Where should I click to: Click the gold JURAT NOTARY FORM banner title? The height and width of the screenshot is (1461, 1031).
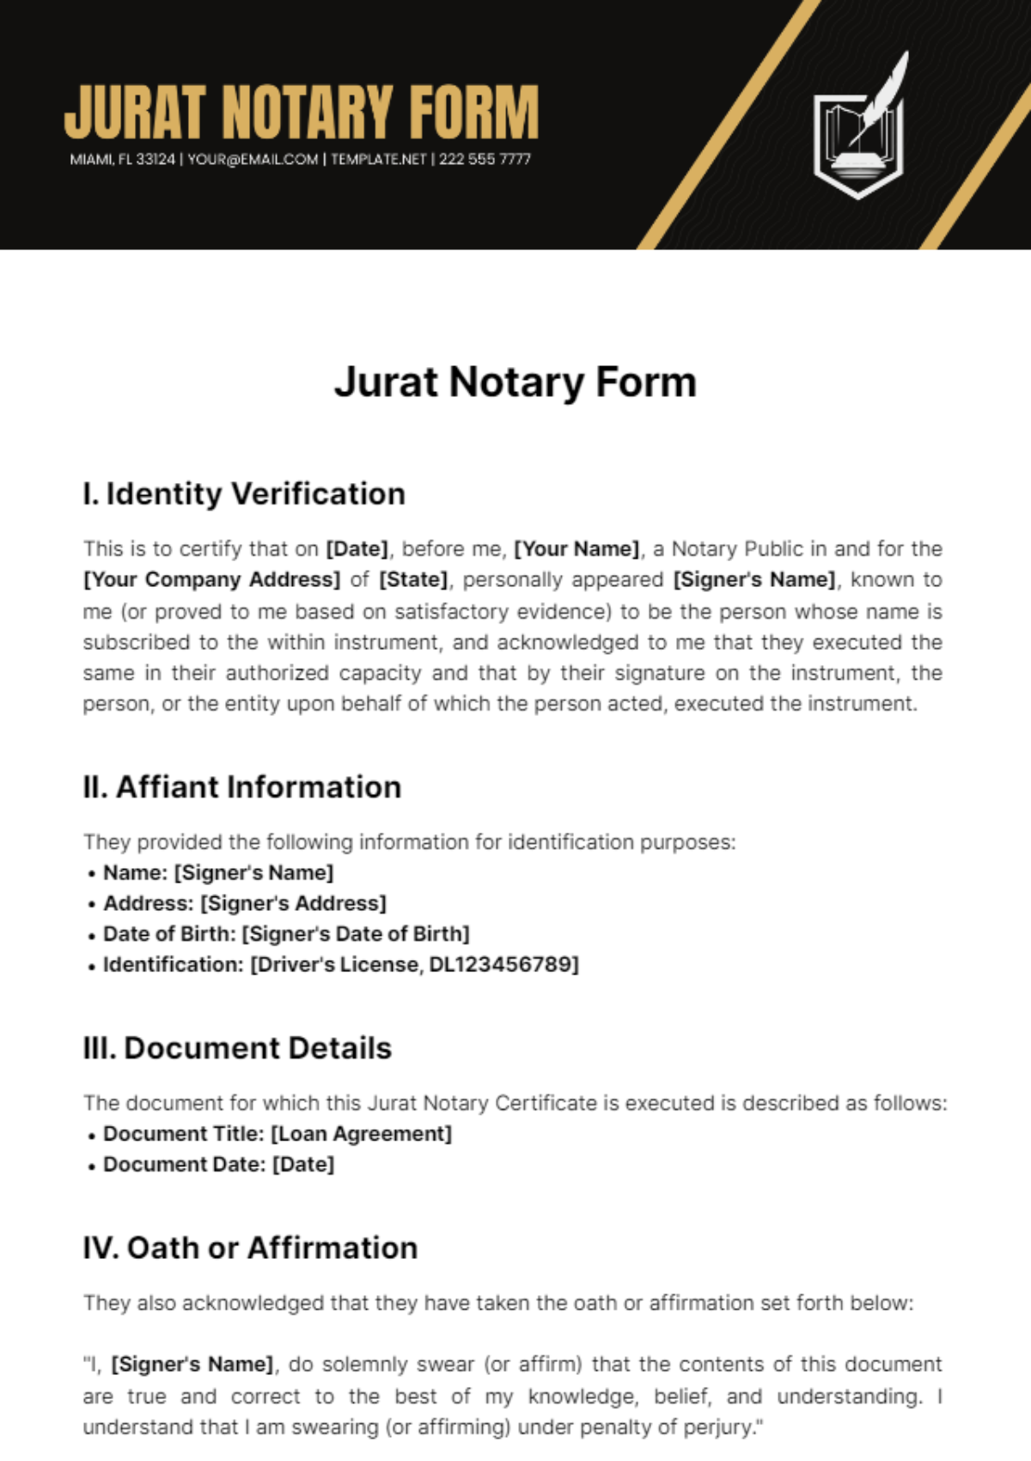[x=301, y=112]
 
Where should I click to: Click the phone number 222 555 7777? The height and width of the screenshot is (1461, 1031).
[x=485, y=159]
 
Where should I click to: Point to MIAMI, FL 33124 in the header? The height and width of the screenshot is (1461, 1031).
[x=122, y=159]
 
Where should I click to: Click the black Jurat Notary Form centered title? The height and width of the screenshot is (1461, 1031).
[x=515, y=382]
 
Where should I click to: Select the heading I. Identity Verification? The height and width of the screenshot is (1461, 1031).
[x=244, y=494]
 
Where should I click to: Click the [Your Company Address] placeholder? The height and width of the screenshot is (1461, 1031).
[x=211, y=580]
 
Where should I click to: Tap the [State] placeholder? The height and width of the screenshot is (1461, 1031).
[x=413, y=580]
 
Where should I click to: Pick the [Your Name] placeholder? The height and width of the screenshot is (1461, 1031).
[x=577, y=549]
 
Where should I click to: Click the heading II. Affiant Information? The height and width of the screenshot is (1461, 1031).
[x=242, y=787]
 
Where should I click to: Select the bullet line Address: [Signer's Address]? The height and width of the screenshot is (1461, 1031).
[x=245, y=903]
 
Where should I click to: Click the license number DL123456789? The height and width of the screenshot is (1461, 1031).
[x=500, y=964]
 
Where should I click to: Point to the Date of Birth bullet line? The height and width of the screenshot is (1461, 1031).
[x=286, y=934]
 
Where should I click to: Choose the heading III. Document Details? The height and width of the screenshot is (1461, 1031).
[x=237, y=1048]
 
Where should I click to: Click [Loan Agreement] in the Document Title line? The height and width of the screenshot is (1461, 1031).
[x=361, y=1134]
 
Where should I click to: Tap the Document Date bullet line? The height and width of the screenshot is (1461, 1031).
[x=219, y=1165]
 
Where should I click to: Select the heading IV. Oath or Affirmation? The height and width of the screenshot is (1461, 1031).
[x=250, y=1248]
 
